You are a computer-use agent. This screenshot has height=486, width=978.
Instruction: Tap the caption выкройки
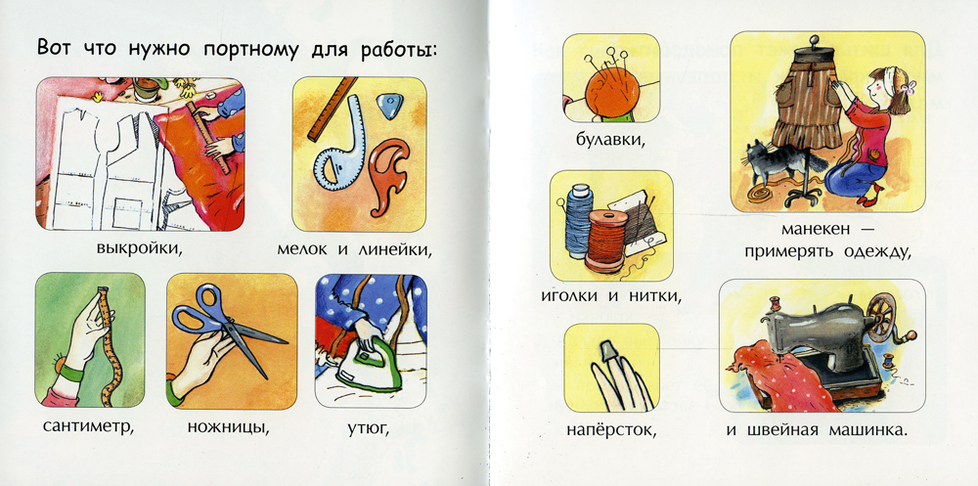point(139,249)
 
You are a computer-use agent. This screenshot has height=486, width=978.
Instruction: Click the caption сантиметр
point(89,428)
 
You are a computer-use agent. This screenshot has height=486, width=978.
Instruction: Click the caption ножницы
point(228,428)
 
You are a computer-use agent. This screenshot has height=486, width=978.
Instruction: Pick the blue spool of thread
point(578,221)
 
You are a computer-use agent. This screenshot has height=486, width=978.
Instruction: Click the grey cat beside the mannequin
point(778,163)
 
